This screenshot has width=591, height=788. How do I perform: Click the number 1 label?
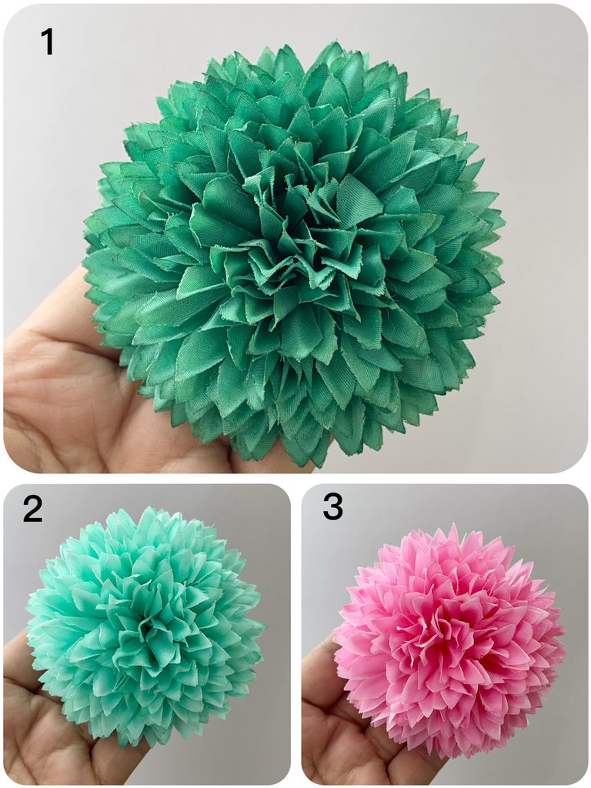point(47,42)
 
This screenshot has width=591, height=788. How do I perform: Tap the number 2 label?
point(32,509)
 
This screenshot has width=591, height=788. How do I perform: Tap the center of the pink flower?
point(442,628)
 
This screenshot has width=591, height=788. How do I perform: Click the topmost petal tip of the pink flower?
point(439,523)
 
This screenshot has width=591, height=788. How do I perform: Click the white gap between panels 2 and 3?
point(296,633)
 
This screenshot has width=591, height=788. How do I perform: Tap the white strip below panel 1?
point(295,479)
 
